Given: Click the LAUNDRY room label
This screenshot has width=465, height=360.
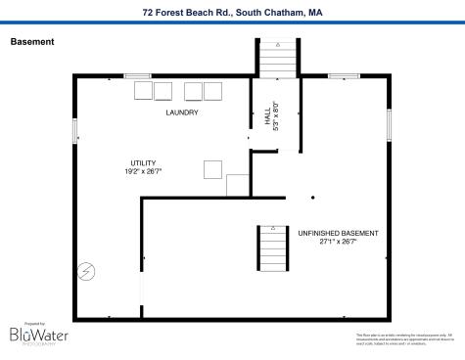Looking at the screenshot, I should tap(181, 112).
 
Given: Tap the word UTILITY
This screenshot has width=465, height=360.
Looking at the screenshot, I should tap(143, 163).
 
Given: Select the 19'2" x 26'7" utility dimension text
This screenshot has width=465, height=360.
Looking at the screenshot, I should tap(143, 171).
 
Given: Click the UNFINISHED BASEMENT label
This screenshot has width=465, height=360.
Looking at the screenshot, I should tap(338, 233).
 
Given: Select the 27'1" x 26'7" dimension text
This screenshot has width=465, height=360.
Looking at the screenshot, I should tap(338, 242).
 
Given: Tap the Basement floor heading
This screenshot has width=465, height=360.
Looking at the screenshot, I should tap(31, 42).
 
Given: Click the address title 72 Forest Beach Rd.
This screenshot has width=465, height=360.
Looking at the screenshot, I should tap(232, 13).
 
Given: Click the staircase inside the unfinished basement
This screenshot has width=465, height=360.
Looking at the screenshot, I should tap(271, 248).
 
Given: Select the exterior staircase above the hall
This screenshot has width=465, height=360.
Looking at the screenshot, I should tap(278, 58).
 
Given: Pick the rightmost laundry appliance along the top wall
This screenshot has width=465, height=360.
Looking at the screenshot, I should tap(211, 91).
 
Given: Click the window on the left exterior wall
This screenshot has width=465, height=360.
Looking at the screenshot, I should tap(75, 131).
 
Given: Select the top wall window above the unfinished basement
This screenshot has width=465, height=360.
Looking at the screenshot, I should tap(343, 75).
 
